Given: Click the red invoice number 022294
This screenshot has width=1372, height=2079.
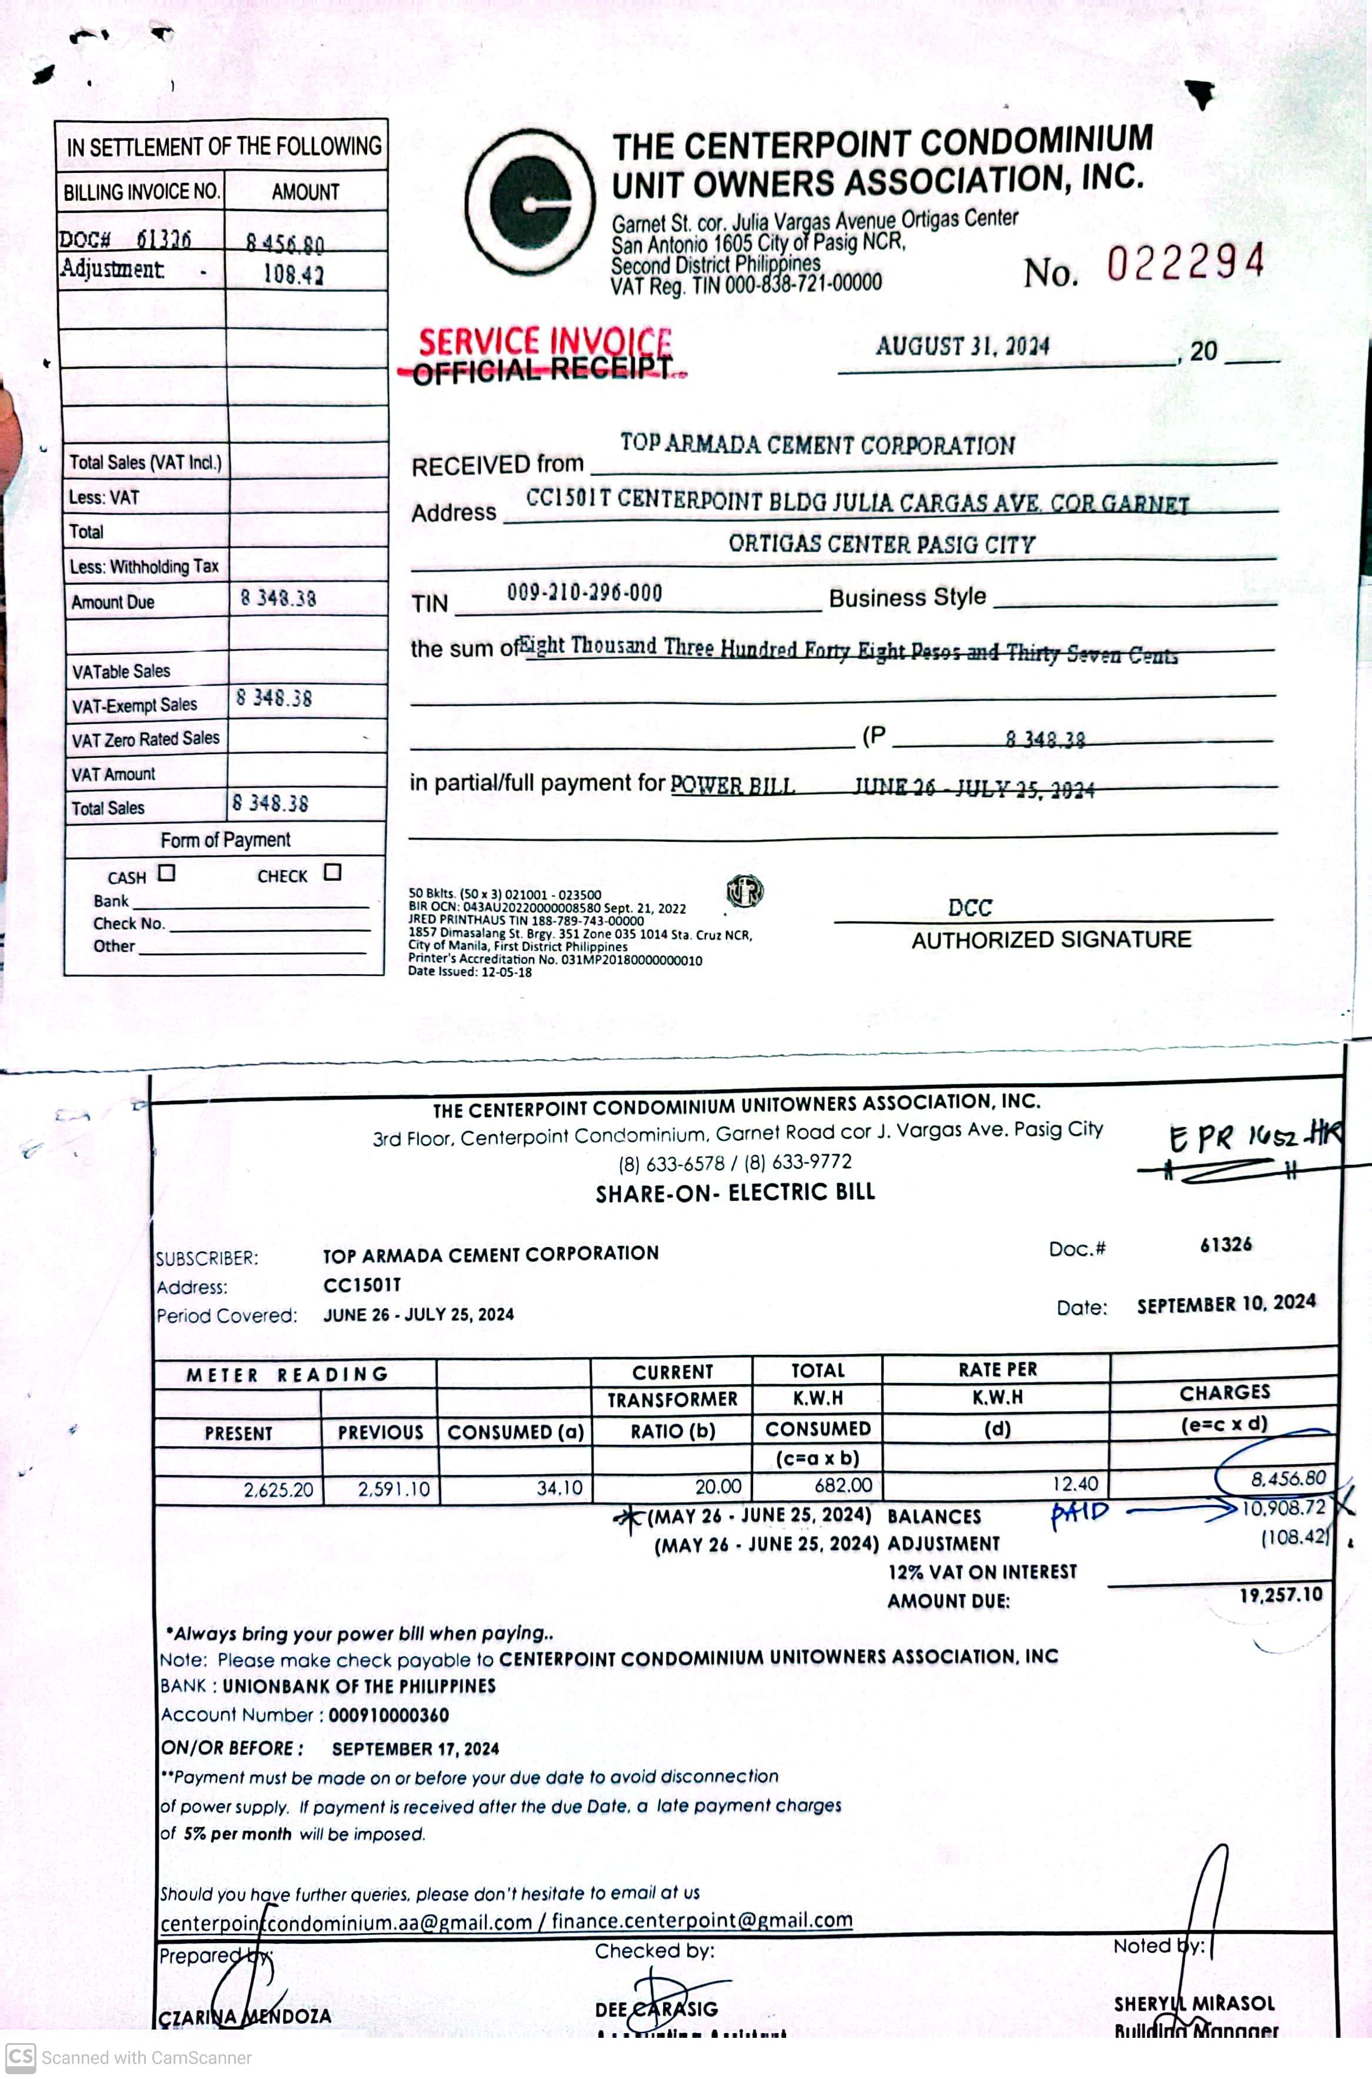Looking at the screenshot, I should point(1185,262).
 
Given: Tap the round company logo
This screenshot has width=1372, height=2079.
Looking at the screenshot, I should point(530,203).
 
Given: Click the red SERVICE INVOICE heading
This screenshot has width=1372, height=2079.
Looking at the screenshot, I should point(544,341).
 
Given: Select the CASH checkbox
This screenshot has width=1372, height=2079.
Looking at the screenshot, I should point(166,872).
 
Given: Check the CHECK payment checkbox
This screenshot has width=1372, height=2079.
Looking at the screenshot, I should point(332,871).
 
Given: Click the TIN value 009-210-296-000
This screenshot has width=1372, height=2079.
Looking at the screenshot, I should point(584,592).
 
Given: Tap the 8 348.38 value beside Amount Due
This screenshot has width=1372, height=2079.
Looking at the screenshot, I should point(278,598).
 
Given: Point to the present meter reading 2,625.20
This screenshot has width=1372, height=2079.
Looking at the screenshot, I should point(278,1490).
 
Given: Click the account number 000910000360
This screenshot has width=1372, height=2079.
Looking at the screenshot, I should point(388,1715).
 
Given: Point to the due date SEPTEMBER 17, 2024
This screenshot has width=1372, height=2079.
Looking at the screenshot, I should point(415,1748).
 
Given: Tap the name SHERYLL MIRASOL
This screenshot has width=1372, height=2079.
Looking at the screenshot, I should point(1194,2003).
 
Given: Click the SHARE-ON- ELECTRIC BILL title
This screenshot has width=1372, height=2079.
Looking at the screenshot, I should point(735,1192).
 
